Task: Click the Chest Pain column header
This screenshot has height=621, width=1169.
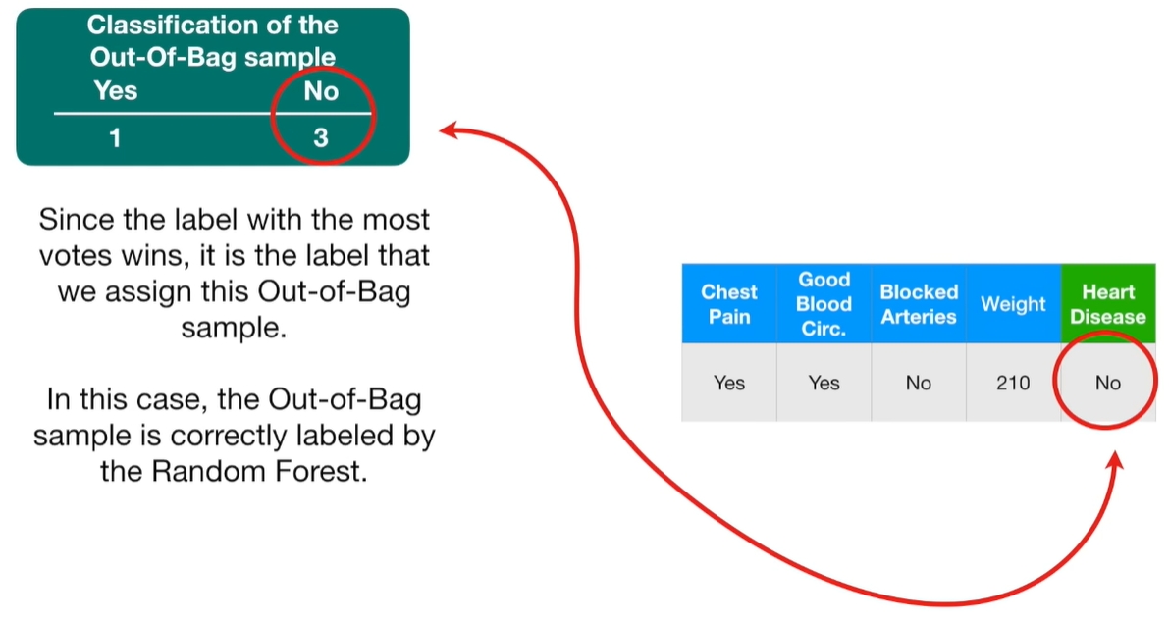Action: [729, 304]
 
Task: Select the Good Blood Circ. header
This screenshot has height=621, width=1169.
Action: [824, 304]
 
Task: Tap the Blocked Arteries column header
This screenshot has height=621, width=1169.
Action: [919, 304]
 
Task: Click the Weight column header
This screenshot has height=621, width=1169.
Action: [1013, 304]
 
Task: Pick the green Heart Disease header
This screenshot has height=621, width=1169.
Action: [1108, 304]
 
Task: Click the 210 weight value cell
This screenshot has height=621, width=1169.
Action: [1013, 383]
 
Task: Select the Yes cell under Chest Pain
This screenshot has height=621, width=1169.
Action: [729, 383]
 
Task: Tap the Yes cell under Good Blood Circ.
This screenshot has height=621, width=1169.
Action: [824, 383]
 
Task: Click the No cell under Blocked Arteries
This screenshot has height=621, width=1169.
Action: [919, 383]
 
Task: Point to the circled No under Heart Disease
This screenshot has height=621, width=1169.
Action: [1108, 383]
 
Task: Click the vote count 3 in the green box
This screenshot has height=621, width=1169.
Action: [321, 137]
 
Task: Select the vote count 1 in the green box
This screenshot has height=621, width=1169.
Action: [115, 137]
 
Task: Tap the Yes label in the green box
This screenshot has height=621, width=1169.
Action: [116, 90]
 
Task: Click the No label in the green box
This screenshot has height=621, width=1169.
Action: [321, 91]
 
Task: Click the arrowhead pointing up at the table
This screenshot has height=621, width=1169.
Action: [1115, 459]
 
